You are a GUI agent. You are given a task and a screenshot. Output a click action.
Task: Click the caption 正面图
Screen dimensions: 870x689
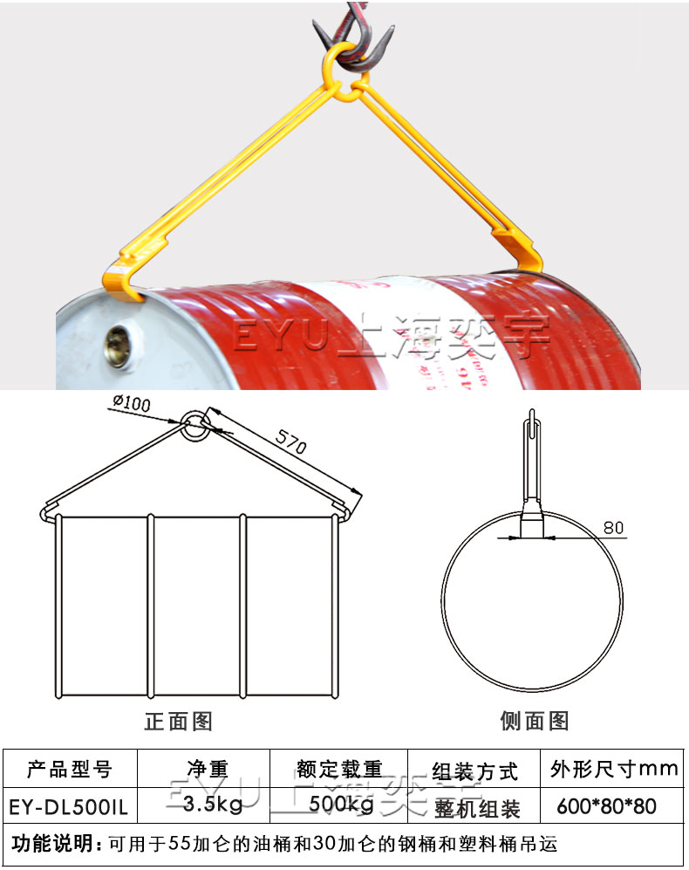click(178, 721)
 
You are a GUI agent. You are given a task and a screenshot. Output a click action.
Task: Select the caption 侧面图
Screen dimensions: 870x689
click(534, 721)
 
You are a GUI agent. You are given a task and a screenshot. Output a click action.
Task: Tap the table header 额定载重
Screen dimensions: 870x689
click(339, 769)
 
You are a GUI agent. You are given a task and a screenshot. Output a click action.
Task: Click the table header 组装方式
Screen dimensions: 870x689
click(474, 771)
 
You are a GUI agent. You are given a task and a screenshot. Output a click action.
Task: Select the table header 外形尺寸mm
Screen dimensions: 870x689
click(614, 769)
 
